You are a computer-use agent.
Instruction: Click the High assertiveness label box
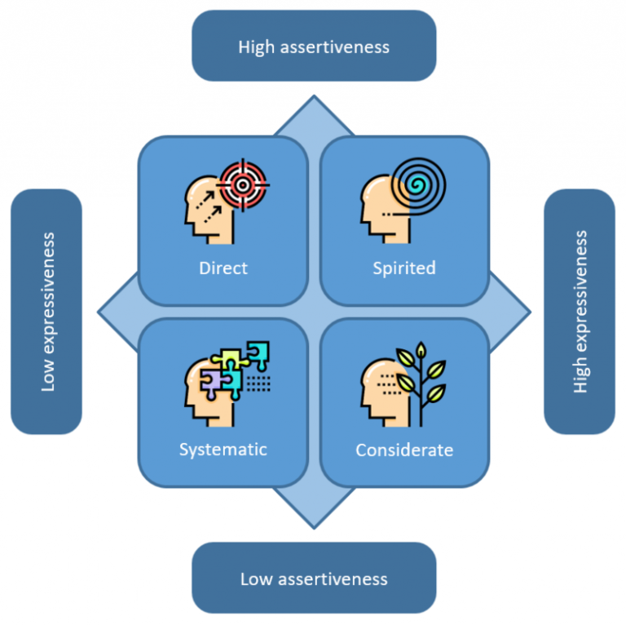[x=314, y=46]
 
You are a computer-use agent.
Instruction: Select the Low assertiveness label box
[x=314, y=578]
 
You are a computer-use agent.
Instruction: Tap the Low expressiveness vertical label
[x=46, y=312]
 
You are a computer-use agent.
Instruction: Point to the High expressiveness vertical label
[x=580, y=312]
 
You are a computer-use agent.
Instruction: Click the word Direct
[x=223, y=268]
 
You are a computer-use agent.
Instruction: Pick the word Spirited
[x=404, y=268]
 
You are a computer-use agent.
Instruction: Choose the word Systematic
[x=223, y=449]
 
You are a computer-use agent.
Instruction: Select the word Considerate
[x=404, y=450]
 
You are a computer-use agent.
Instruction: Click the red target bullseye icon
[x=242, y=184]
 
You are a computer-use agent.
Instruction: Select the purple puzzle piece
[x=211, y=378]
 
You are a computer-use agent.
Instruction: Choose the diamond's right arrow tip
[x=526, y=312]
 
